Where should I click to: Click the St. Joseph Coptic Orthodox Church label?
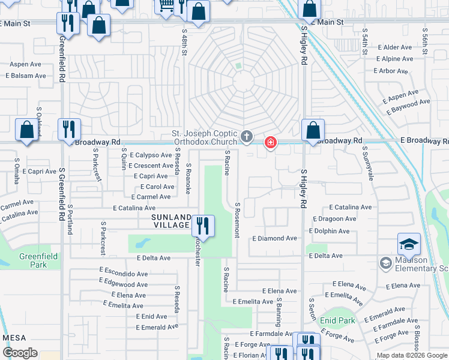tap(204, 137)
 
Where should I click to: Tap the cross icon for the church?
tap(246, 137)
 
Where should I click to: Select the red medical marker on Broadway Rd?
tap(271, 142)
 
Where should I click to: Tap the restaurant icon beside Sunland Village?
tap(203, 226)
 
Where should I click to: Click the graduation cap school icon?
tap(408, 244)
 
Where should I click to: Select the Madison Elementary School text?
tap(420, 265)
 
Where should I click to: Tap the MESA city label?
tap(14, 338)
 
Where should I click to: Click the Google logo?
tap(20, 353)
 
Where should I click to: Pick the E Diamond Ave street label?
tap(274, 238)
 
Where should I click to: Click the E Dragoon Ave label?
tap(333, 219)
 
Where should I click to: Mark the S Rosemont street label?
tap(238, 220)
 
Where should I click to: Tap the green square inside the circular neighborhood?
tap(238, 66)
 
